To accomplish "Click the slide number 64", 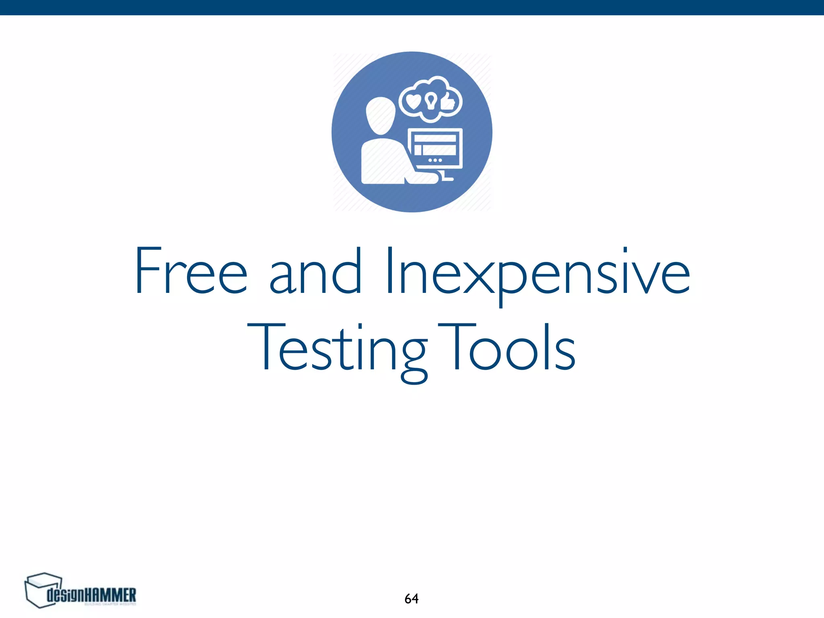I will [411, 599].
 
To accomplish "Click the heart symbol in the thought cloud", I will [413, 101].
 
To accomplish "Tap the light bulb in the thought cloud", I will [431, 101].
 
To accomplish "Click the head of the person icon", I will [381, 116].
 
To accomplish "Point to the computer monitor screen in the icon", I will [435, 145].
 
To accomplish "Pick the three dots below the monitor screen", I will [435, 161].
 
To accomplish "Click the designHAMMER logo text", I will [92, 595].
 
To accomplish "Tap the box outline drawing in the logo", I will [42, 590].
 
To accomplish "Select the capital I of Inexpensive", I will [389, 270].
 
